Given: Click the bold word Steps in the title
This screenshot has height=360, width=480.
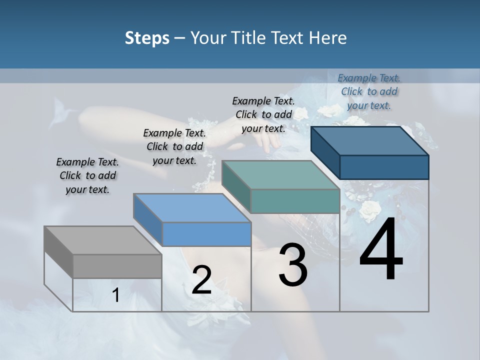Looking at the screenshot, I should [x=147, y=38].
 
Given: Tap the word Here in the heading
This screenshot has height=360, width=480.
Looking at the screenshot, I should [x=328, y=38].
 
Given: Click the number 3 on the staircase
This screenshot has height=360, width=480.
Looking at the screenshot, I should [x=293, y=265].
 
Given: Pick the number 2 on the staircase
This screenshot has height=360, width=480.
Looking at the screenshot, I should [x=201, y=280].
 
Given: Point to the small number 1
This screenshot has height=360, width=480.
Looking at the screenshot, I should [x=116, y=295].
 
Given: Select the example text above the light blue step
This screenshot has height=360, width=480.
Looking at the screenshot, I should [x=174, y=146].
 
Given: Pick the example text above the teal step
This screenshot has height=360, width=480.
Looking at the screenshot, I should [x=263, y=114].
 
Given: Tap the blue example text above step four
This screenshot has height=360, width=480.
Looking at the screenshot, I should [x=369, y=91].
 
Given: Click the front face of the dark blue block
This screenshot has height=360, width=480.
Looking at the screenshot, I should [x=384, y=167].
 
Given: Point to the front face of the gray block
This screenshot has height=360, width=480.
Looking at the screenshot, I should [x=117, y=266].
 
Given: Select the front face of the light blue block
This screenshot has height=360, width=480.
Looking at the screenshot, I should [x=206, y=234].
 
